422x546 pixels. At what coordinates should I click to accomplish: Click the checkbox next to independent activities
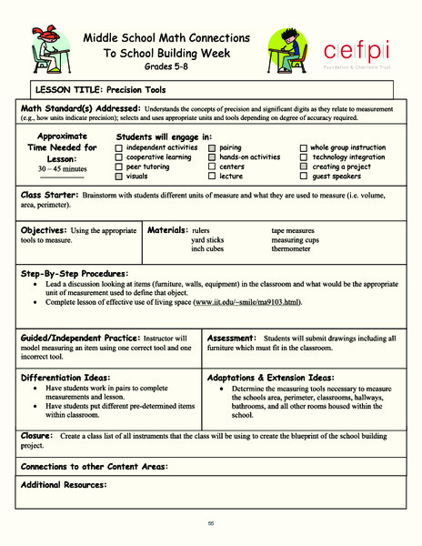click(119, 147)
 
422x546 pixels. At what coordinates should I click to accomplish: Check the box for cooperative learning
click(119, 157)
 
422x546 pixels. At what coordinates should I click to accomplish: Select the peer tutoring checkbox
click(119, 167)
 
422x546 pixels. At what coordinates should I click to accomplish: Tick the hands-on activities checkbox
click(212, 157)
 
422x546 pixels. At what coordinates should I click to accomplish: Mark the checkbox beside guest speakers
click(304, 177)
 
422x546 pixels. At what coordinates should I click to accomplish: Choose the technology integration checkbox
click(304, 157)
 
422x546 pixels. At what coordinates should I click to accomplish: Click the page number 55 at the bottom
click(210, 522)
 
